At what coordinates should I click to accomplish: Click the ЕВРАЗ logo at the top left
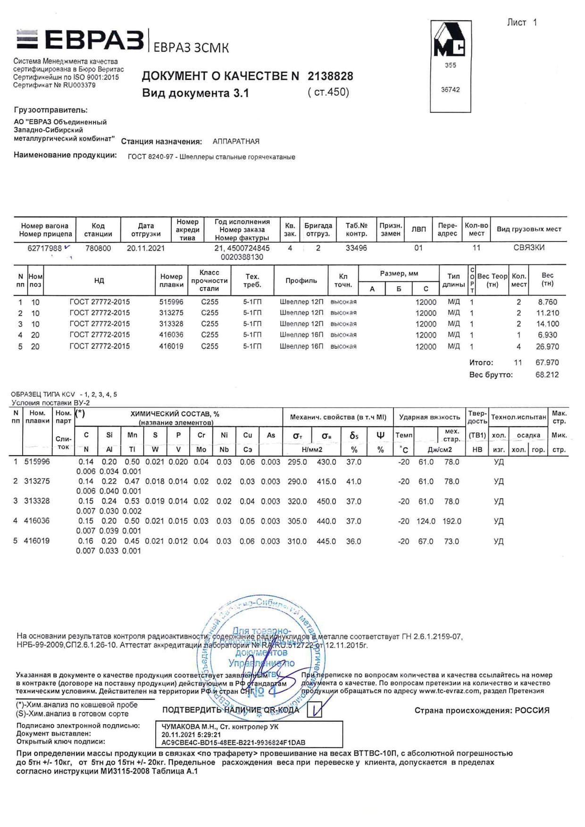(x=80, y=40)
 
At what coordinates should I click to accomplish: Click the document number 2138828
(x=330, y=76)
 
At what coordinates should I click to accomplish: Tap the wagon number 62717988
(x=44, y=248)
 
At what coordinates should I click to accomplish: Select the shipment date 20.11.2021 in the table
(x=145, y=248)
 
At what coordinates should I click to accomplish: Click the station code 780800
(x=98, y=248)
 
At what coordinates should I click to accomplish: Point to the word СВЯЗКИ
(x=528, y=248)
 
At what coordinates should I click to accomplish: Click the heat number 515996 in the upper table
(x=171, y=302)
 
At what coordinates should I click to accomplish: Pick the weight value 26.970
(x=547, y=347)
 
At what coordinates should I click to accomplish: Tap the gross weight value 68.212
(x=547, y=375)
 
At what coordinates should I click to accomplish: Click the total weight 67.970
(x=547, y=363)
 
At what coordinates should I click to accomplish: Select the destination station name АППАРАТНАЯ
(x=236, y=141)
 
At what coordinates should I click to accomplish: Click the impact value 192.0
(x=451, y=521)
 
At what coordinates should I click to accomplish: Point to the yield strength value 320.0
(x=297, y=501)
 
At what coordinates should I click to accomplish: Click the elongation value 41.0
(x=353, y=481)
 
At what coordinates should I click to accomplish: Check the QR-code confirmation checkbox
(x=315, y=709)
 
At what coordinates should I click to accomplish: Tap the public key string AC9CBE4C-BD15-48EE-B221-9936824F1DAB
(x=233, y=742)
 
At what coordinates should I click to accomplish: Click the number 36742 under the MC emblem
(x=450, y=90)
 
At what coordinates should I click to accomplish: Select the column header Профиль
(x=301, y=281)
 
